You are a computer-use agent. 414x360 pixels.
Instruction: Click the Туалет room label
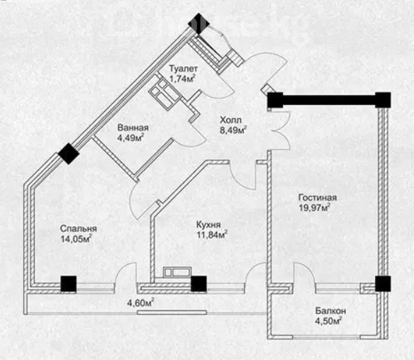[x=183, y=69]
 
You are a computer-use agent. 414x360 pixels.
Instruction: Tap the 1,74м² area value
[x=183, y=79]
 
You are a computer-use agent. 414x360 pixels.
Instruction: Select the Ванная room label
[x=133, y=128]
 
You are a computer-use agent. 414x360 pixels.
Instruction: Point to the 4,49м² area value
[x=130, y=137]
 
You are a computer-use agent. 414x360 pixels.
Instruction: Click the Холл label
[x=230, y=120]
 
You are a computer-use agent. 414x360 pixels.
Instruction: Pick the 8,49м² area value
[x=233, y=130]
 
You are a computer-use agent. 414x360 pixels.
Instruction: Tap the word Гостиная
[x=318, y=198]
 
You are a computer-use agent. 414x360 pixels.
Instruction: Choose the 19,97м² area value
[x=315, y=208]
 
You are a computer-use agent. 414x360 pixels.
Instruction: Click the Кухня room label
[x=208, y=225]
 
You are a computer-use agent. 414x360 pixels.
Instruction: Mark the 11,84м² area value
[x=212, y=235]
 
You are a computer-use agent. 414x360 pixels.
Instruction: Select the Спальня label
[x=79, y=229]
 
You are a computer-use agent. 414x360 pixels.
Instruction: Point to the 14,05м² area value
[x=77, y=239]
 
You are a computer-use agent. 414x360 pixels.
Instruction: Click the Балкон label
[x=330, y=311]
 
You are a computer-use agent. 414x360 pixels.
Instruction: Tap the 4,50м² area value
[x=328, y=321]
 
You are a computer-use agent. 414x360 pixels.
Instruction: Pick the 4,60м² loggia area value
[x=141, y=303]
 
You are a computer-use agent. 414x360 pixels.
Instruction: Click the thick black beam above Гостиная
[x=329, y=100]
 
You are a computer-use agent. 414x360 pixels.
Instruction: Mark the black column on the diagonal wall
[x=69, y=154]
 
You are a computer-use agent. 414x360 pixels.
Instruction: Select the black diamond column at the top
[x=198, y=23]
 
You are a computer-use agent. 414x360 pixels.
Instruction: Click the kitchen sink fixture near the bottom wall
[x=177, y=272]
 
